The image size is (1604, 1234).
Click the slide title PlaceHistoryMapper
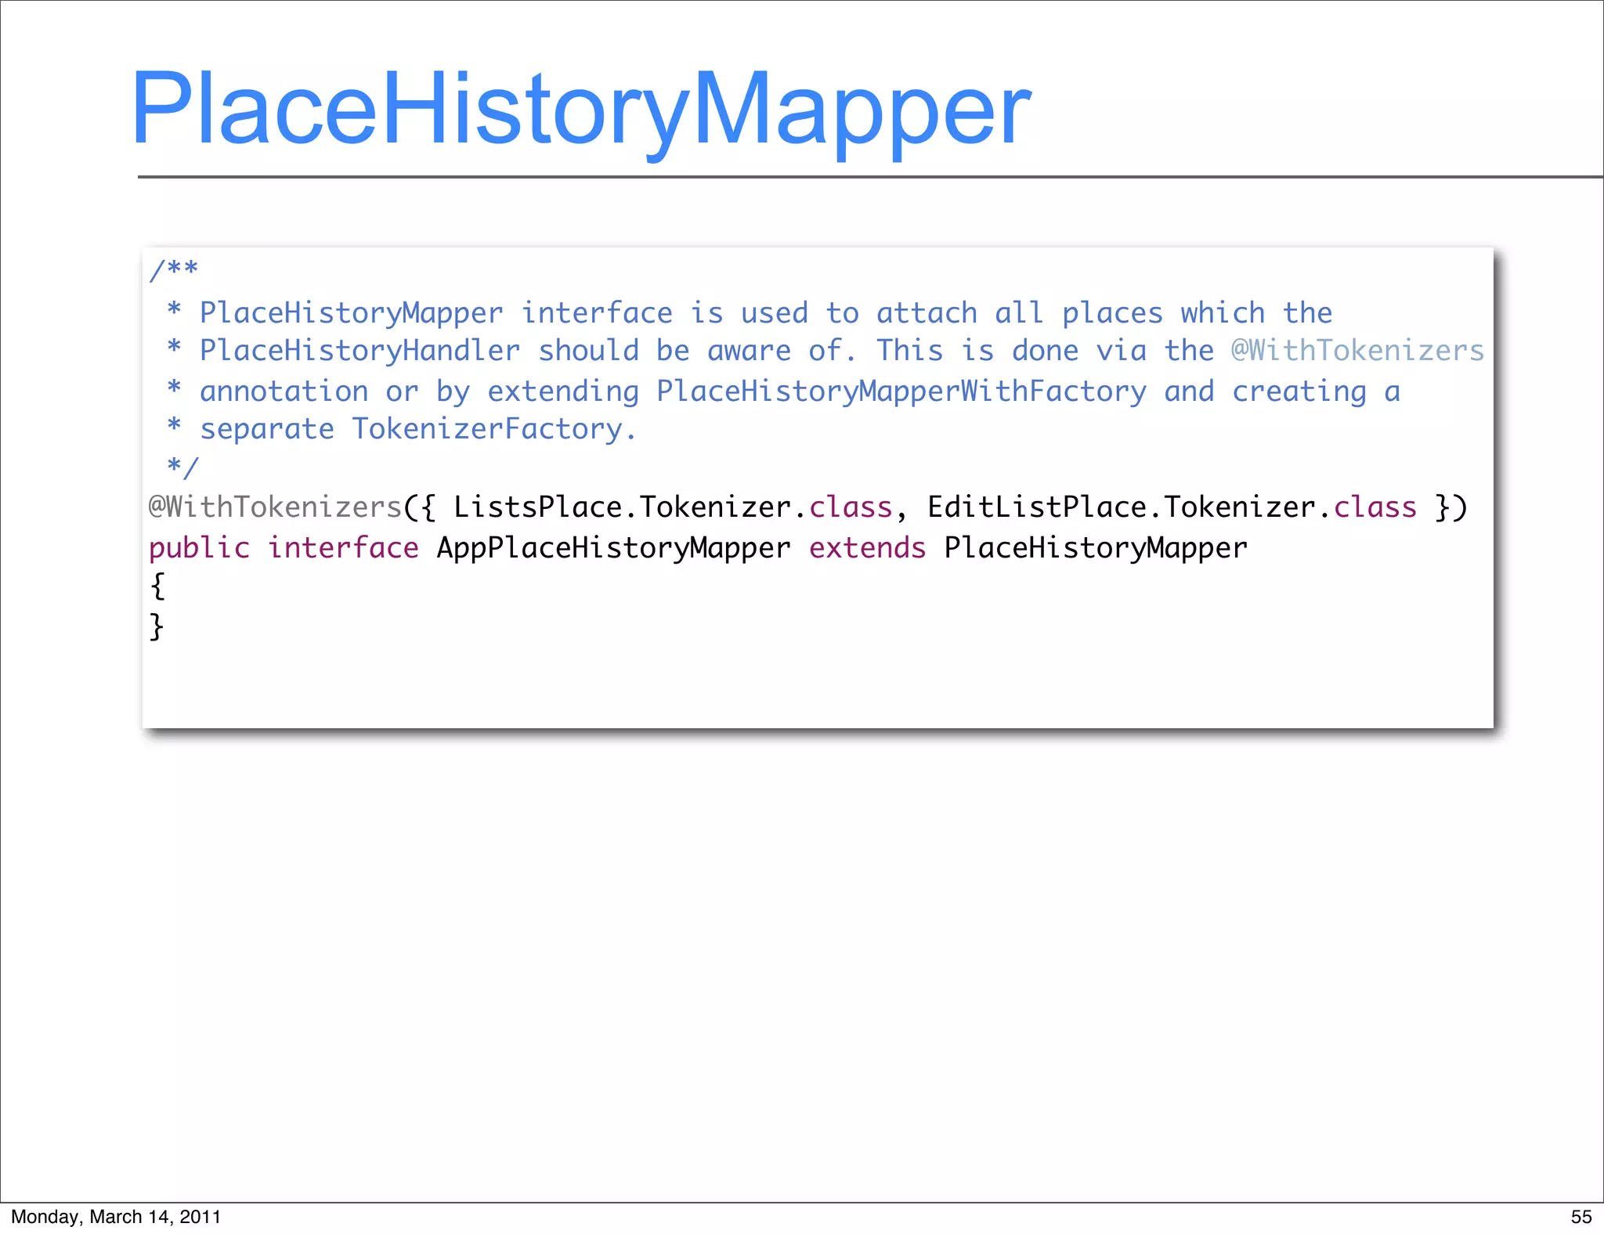click(580, 110)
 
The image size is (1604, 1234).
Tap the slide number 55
click(1581, 1217)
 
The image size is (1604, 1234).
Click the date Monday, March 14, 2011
click(116, 1217)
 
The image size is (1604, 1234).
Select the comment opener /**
click(174, 270)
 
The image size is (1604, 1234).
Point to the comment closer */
click(182, 467)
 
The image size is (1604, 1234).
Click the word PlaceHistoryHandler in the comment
click(359, 351)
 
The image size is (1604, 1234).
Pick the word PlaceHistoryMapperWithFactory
click(901, 391)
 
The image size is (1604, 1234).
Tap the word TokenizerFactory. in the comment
click(493, 429)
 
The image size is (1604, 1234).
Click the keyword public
click(199, 548)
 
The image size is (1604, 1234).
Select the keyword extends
click(867, 548)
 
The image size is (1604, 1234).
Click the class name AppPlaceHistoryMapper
click(613, 548)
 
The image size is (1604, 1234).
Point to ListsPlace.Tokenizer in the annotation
click(623, 507)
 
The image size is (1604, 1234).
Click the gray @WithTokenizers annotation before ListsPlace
click(275, 507)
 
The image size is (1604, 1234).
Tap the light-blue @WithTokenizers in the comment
click(1357, 351)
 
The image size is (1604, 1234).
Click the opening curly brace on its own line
click(157, 586)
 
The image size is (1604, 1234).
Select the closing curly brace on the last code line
click(157, 626)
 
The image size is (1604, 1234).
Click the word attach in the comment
click(927, 313)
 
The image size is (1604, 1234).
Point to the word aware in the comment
click(749, 351)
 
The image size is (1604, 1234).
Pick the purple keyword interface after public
click(343, 548)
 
